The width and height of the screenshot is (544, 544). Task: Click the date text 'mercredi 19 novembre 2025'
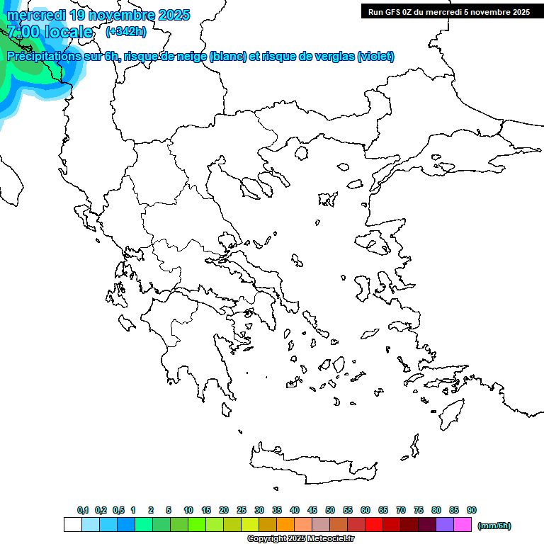pos(98,15)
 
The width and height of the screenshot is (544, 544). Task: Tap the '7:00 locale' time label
pos(50,32)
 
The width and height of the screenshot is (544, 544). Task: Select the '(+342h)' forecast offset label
pos(126,32)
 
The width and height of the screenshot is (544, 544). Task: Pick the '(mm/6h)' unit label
pos(494,526)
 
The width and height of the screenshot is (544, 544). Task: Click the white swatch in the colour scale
pos(72,525)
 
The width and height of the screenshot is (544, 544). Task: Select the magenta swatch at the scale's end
pos(463,525)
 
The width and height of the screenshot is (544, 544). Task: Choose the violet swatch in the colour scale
pos(445,525)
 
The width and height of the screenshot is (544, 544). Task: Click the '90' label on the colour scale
pos(472,510)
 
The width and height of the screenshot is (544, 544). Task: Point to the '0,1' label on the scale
pos(83,510)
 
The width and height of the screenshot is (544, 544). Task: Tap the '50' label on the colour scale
pos(330,510)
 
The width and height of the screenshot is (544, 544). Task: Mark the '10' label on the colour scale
pos(188,510)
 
